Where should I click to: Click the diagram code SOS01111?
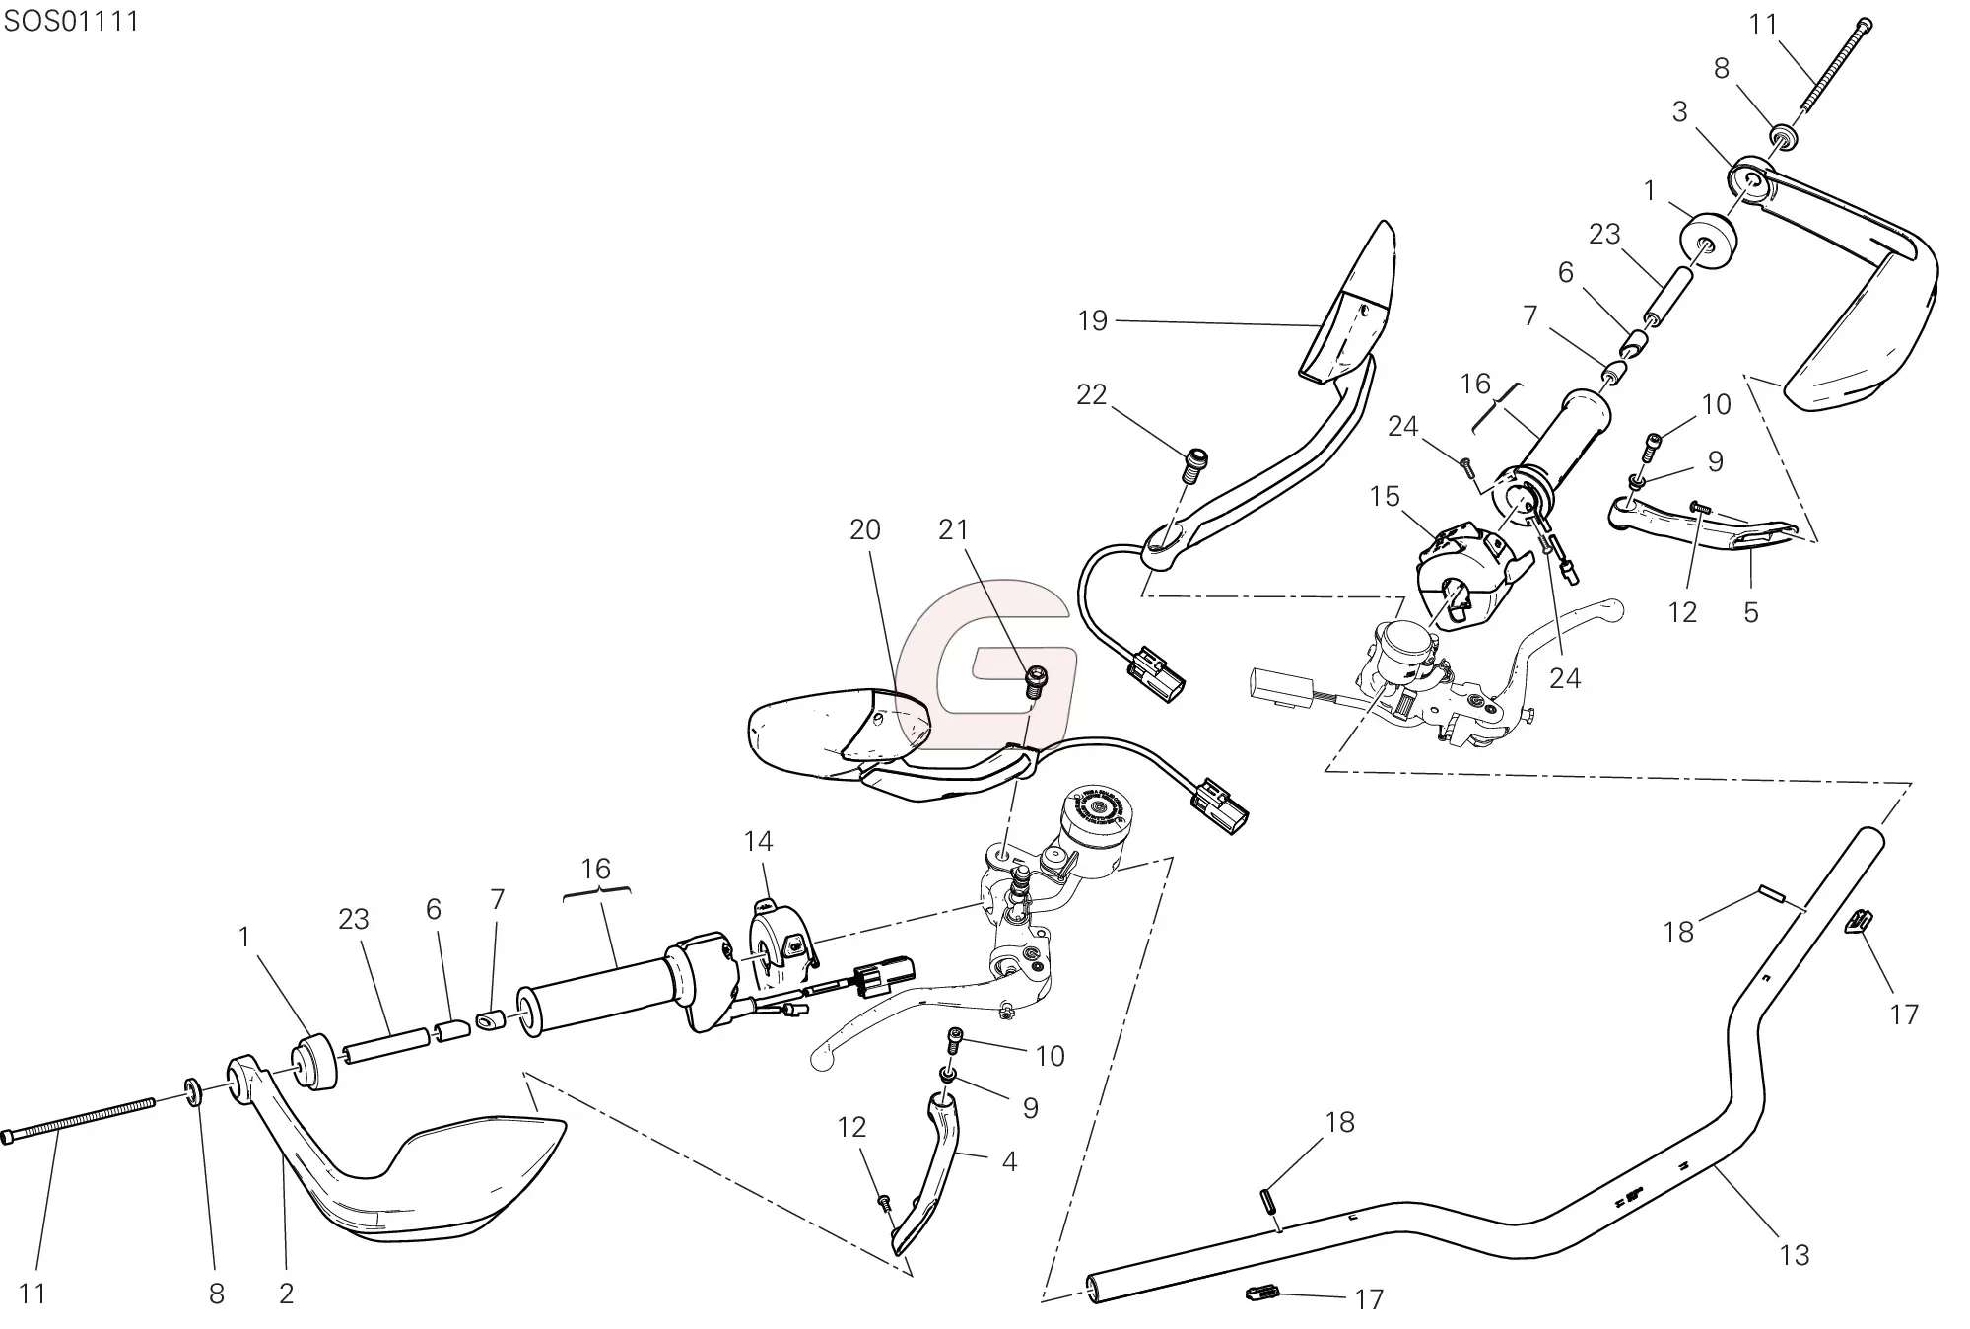pos(71,21)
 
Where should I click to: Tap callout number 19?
pos(1092,320)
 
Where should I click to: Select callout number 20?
pos(864,529)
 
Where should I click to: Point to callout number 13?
pos(1795,1255)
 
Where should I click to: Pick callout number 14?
pos(758,841)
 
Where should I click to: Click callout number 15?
pos(1384,496)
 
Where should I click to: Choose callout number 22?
pos(1091,394)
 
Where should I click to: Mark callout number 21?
pos(953,529)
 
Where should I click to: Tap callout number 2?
pos(286,1294)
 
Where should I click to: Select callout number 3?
pos(1679,111)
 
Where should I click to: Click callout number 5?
pos(1750,612)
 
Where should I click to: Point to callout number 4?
pos(1008,1161)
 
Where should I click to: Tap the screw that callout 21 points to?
pos(1036,681)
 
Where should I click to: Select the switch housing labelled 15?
pos(1468,572)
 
